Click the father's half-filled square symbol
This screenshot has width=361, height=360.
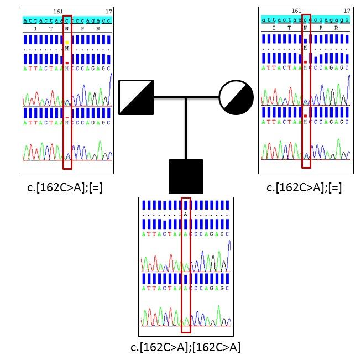click(136, 97)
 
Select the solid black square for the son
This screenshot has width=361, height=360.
click(186, 176)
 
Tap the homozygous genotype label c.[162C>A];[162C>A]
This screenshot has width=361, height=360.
click(185, 347)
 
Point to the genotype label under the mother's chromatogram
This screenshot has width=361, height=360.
click(305, 188)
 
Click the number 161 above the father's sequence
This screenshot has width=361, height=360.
click(58, 11)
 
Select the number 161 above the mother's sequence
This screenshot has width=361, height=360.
click(296, 11)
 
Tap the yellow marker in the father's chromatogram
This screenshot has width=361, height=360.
click(67, 42)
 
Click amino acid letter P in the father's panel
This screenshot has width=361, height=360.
click(82, 28)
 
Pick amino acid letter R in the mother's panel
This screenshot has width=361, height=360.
click(336, 28)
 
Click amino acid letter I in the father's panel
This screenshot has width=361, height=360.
click(35, 28)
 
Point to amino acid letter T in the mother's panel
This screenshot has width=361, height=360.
click(289, 28)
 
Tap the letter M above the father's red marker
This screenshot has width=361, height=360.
click(67, 49)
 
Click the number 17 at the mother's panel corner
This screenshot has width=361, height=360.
click(347, 11)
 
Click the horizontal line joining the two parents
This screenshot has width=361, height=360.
click(186, 98)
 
